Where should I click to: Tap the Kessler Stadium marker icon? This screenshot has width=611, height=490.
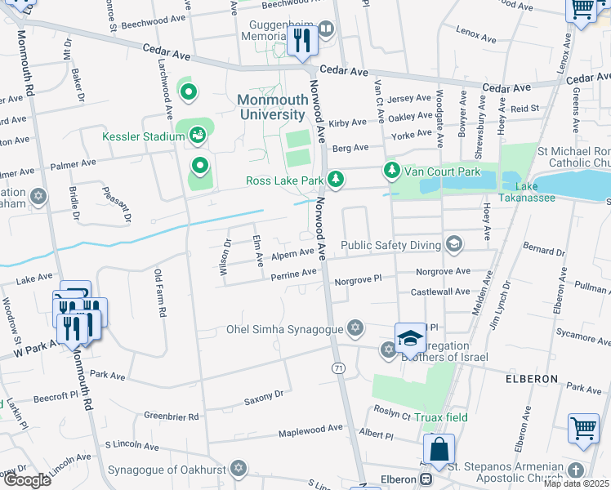click(x=197, y=136)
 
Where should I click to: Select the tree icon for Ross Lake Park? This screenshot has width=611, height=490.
click(x=335, y=179)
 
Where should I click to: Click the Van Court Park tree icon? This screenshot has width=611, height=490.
click(x=392, y=171)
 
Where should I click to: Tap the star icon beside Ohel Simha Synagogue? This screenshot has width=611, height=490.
click(x=355, y=329)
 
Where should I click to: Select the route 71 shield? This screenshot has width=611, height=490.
click(x=338, y=369)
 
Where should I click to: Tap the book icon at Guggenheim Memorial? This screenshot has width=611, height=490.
click(x=326, y=30)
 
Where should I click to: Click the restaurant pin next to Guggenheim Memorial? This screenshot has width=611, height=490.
click(x=301, y=40)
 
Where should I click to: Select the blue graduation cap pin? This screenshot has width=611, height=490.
click(x=410, y=337)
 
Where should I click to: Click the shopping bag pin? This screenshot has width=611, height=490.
click(x=439, y=449)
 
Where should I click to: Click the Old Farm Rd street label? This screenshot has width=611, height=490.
click(x=161, y=294)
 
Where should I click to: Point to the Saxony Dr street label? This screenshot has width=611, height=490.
click(x=263, y=394)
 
